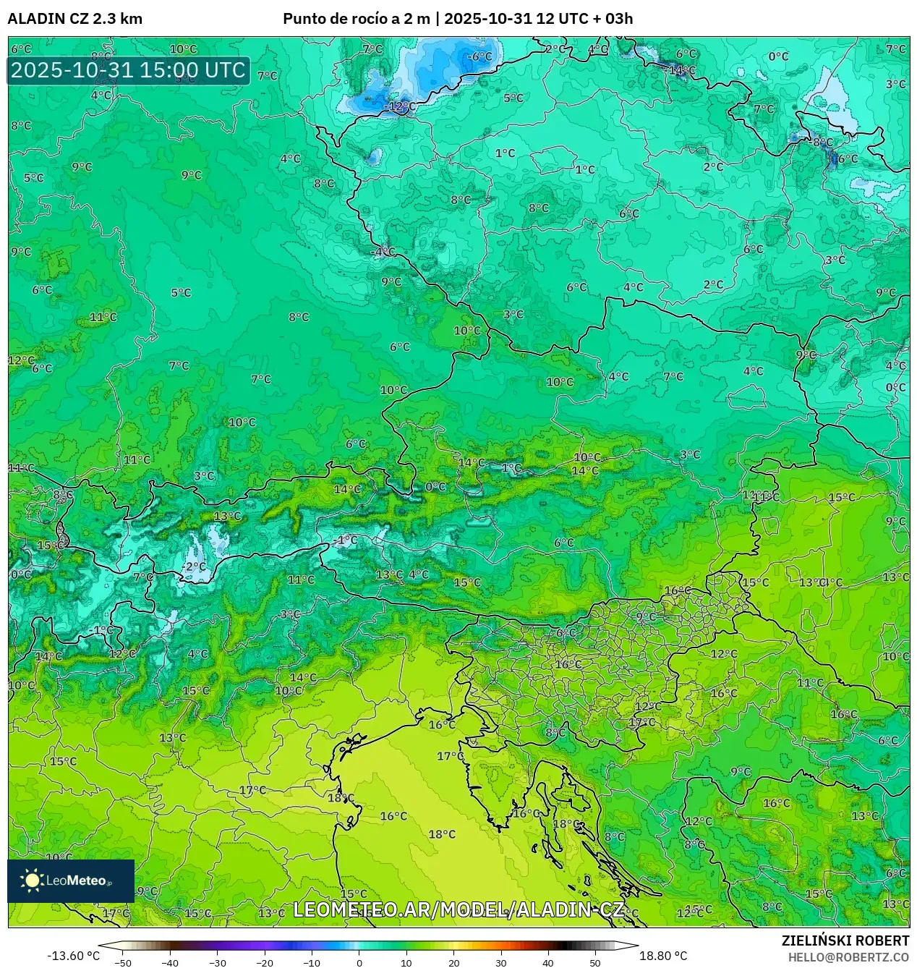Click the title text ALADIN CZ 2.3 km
(x=74, y=19)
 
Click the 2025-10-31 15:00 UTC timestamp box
(x=129, y=71)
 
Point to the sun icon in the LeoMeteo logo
(x=33, y=880)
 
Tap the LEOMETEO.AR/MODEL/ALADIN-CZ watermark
(x=458, y=909)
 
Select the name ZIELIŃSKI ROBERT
(x=845, y=941)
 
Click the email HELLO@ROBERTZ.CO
(x=848, y=957)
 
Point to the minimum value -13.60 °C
(x=73, y=956)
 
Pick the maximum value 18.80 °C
(x=663, y=956)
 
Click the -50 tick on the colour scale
(x=123, y=963)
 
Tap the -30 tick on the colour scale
(x=218, y=963)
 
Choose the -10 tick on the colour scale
(x=312, y=963)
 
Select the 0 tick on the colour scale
(x=359, y=963)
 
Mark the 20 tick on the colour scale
(x=453, y=963)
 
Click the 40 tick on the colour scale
(x=548, y=963)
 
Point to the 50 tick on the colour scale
(x=595, y=963)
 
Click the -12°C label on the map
(x=401, y=106)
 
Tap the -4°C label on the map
(x=383, y=252)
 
